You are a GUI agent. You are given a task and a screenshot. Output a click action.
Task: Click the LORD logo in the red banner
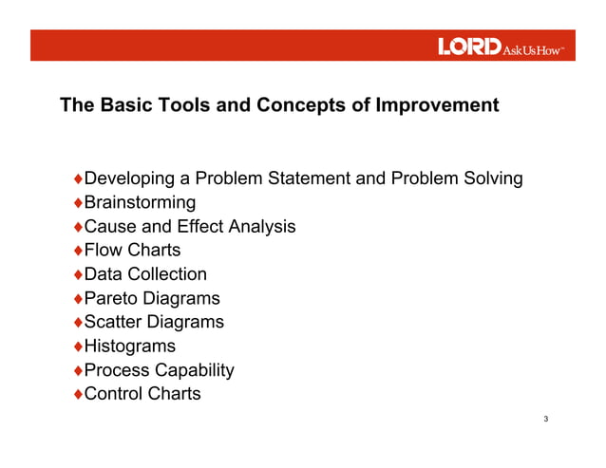[469, 47]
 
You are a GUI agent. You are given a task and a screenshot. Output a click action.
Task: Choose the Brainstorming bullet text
[140, 202]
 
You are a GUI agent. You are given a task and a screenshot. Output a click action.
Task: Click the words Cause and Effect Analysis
[190, 227]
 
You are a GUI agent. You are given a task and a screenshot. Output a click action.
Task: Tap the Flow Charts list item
[132, 251]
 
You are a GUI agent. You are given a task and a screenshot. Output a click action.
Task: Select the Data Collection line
[145, 274]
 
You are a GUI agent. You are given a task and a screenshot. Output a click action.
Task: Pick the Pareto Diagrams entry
[152, 298]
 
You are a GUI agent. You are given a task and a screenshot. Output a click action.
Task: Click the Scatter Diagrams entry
[154, 322]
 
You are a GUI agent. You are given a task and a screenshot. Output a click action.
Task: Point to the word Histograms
[130, 346]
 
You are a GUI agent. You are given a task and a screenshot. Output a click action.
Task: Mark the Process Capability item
[159, 370]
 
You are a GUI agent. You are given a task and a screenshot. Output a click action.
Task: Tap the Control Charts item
[142, 394]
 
